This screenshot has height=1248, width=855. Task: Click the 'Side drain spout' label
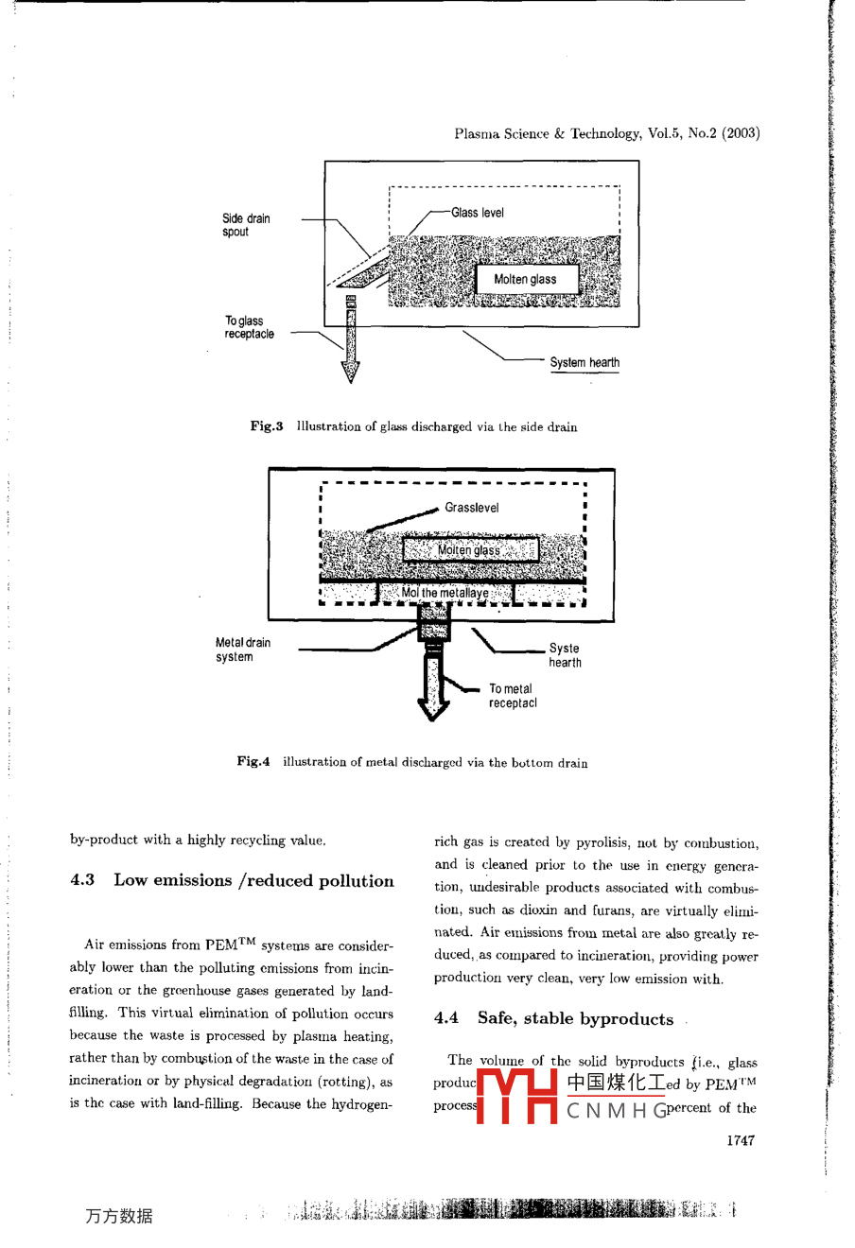click(x=246, y=225)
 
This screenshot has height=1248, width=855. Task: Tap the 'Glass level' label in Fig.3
click(x=478, y=213)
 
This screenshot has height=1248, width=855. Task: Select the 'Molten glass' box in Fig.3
click(x=526, y=279)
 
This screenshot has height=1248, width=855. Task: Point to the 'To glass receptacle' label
click(x=249, y=327)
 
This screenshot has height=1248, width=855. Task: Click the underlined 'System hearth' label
click(x=585, y=362)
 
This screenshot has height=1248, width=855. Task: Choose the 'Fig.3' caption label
click(x=267, y=426)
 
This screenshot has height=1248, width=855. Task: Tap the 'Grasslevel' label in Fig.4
click(x=472, y=508)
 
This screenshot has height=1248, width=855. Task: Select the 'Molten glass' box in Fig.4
click(x=470, y=550)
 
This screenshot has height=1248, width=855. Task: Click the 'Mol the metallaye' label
click(x=445, y=593)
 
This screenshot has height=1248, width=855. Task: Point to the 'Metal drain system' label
click(x=243, y=650)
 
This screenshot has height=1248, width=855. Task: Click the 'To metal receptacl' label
click(x=513, y=696)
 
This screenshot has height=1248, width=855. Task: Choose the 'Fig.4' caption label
click(x=253, y=761)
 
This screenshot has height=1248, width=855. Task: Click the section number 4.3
click(x=82, y=880)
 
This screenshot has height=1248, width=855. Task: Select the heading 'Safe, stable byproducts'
click(x=575, y=1018)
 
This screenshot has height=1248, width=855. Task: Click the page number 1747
click(x=741, y=1140)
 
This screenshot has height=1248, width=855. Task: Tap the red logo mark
click(x=517, y=1095)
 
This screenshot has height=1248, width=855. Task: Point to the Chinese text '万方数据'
click(x=118, y=1216)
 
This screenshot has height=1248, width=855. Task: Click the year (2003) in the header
click(x=741, y=133)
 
